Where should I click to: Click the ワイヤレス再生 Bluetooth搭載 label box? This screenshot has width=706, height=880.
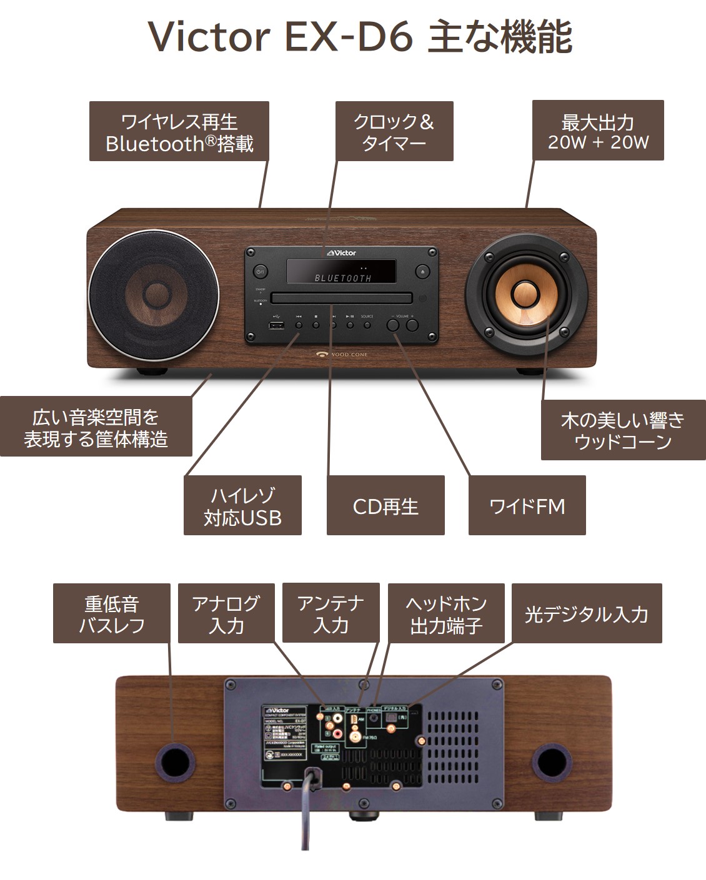[179, 132]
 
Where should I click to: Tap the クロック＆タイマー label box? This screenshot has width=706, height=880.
[394, 132]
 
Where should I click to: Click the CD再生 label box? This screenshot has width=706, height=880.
[385, 505]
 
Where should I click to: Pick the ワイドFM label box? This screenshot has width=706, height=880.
[527, 505]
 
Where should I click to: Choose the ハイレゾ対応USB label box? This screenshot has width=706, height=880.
[242, 505]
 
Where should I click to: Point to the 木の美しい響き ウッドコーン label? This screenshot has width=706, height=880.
[623, 430]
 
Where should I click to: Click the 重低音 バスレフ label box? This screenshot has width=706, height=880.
[112, 613]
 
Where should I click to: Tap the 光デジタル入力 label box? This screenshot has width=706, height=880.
[586, 613]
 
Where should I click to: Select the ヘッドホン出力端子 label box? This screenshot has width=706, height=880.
[445, 613]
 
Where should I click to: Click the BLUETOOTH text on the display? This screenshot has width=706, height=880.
[342, 278]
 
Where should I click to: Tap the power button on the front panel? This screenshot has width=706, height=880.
[261, 272]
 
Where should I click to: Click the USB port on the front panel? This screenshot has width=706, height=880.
[277, 325]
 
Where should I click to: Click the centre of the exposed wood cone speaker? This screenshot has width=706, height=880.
[525, 295]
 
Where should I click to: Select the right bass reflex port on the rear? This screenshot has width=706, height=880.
[551, 759]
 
